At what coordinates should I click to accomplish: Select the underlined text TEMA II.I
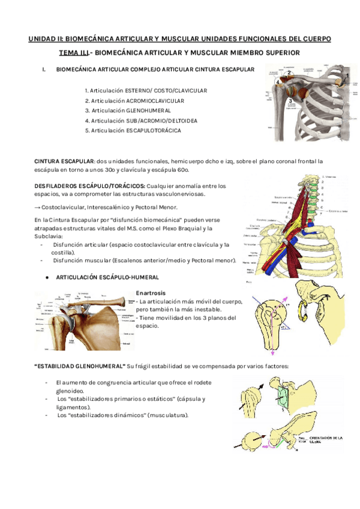click(x=75, y=53)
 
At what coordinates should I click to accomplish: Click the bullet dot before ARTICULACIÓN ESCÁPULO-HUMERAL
click(x=47, y=277)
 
